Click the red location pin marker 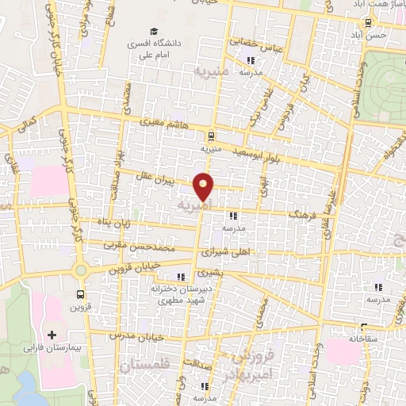(205, 186)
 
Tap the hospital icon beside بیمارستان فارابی (52, 335)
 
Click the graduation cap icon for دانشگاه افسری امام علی (139, 44)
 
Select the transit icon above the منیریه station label (209, 136)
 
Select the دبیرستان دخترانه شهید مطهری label (182, 294)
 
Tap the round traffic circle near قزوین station (80, 270)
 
